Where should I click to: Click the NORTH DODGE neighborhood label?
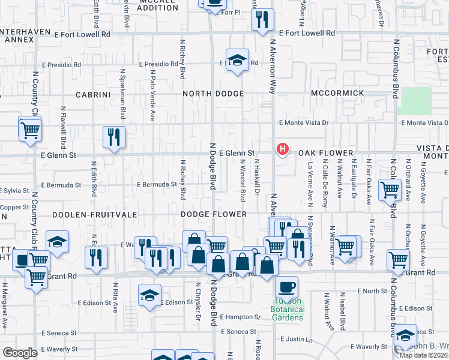[213, 94]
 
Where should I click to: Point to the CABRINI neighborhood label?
[91, 95]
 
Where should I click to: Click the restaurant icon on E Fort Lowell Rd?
[262, 21]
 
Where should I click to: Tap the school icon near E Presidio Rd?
[238, 60]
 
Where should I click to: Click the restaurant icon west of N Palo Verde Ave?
[113, 137]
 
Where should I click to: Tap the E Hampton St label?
[240, 317]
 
